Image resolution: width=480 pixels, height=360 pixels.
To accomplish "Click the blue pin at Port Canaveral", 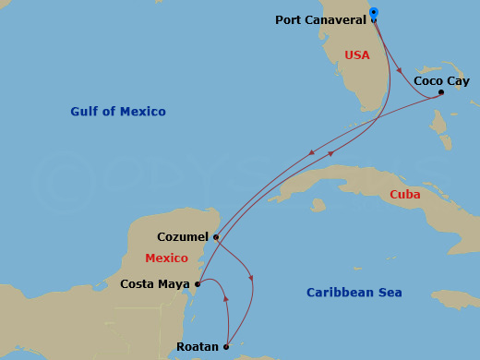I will pos(373,13).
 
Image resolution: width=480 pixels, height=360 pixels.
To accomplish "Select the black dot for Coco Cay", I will pos(441,91).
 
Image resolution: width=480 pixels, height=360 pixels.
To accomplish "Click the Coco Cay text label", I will pos(441,80).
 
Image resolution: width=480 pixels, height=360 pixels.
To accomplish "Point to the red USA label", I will pos(356,55).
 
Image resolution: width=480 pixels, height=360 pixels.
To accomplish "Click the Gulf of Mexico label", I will pos(118,112).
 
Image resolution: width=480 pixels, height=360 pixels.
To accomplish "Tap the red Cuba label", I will pos(404,195).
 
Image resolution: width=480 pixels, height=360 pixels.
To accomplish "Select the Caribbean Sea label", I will pos(354,293).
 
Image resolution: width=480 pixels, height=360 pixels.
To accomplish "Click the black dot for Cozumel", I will pos(215,236).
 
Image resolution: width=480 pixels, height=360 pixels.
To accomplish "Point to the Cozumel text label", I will pos(183,236).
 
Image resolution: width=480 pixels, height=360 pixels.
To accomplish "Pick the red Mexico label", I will pos(166,258).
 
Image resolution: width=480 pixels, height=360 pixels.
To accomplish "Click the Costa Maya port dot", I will pos(197,284).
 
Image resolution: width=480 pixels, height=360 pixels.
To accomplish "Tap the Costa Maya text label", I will pos(155,284).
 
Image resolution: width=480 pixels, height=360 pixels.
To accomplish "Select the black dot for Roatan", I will pos(226,347).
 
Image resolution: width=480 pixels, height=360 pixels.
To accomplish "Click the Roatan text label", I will pos(198,347).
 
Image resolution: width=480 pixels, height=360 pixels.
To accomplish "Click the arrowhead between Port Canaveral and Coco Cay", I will pos(398,68).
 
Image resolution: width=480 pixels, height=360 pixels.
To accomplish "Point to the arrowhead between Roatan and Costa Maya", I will pos(225,299).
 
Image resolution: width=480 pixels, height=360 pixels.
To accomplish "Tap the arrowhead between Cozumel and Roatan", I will pos(251,279).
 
